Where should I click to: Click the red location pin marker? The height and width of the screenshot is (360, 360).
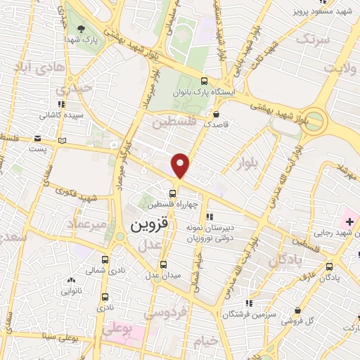tap(181, 165)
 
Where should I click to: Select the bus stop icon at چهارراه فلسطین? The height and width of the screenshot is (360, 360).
tap(172, 193)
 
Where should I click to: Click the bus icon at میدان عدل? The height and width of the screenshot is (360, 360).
tap(164, 265)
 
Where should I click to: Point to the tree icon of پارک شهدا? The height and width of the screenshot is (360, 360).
tap(82, 30)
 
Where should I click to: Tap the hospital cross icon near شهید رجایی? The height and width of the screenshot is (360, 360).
tap(349, 222)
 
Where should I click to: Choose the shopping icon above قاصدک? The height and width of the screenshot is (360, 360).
tap(216, 112)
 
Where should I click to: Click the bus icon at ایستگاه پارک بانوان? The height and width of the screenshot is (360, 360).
tap(204, 81)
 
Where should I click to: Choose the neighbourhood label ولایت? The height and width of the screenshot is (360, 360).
tap(340, 68)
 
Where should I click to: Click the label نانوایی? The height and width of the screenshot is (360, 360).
tap(70, 290)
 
